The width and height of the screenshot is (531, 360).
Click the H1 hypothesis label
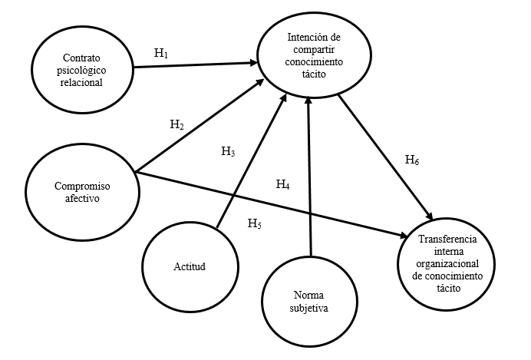click(x=160, y=53)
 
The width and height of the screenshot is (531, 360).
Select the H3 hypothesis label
click(x=228, y=152)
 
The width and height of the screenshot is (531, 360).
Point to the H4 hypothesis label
click(x=283, y=184)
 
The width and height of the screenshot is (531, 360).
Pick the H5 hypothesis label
click(x=254, y=224)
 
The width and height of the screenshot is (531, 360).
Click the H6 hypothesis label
click(x=412, y=160)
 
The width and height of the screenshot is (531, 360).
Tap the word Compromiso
click(x=80, y=184)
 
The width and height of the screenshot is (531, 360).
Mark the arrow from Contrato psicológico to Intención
click(x=196, y=64)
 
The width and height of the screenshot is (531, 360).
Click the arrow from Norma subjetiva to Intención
click(x=308, y=177)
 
